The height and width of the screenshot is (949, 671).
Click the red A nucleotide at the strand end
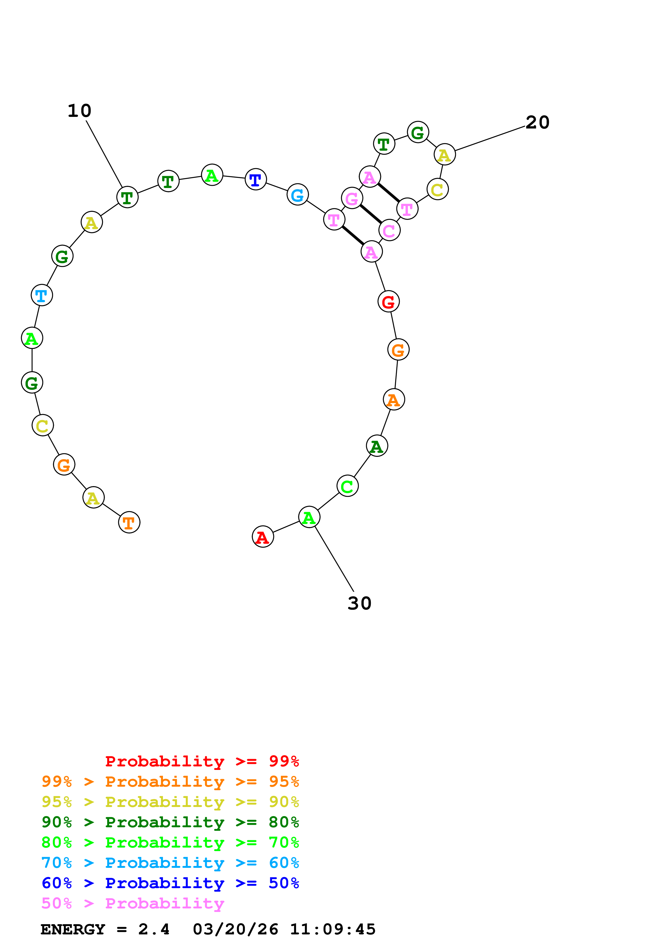coord(263,536)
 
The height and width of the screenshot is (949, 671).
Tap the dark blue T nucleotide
coord(256,179)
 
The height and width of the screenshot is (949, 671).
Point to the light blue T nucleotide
coord(42,295)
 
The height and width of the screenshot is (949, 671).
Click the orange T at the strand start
coord(129,522)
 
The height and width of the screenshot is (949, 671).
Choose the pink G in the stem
coord(352,198)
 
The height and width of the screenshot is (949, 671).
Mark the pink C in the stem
coord(389,230)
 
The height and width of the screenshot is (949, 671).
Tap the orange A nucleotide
coord(394,399)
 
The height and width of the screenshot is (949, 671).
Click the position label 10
coord(79,111)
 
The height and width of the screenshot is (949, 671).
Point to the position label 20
coord(537,122)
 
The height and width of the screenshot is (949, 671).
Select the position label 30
coord(359,603)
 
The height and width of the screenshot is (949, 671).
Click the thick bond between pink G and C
coord(371,214)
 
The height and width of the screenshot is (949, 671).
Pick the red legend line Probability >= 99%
coord(202,761)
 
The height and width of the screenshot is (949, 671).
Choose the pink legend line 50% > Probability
coord(133,903)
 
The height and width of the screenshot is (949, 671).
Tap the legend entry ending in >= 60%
coord(170,863)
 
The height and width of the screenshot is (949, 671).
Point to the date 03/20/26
coord(235,929)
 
